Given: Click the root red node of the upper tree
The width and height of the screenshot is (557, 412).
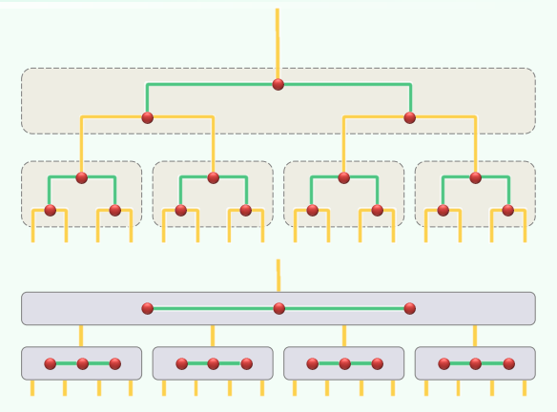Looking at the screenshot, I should (x=278, y=84).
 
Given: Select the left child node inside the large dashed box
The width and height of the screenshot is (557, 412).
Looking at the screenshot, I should (x=147, y=117).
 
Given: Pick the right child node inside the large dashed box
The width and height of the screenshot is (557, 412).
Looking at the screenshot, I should (x=410, y=117).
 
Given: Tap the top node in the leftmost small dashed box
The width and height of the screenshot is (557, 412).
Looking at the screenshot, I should (x=82, y=177).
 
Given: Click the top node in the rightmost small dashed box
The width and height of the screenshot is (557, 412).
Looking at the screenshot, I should (x=475, y=177).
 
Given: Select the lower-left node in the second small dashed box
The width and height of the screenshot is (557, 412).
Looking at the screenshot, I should (x=181, y=210).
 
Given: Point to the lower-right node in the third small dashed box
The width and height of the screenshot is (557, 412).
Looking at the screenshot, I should (x=378, y=210).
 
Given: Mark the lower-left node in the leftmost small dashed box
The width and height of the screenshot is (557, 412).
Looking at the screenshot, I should (x=51, y=210).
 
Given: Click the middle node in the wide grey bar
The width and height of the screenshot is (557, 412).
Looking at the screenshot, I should (x=278, y=308).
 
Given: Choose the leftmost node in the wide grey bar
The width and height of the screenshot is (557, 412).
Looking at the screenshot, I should (x=147, y=308).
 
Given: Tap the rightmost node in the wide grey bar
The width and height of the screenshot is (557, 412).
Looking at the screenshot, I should (x=410, y=308).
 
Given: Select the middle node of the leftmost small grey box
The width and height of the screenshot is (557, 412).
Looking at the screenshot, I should (x=83, y=363).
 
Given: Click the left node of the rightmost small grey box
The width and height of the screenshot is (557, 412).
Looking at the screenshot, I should (x=444, y=363).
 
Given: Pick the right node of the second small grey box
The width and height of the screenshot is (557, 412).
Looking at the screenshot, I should (x=247, y=363).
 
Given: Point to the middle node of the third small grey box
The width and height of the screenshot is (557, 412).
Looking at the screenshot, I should (x=345, y=363).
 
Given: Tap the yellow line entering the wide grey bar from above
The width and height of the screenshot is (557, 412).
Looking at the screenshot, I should (x=278, y=277).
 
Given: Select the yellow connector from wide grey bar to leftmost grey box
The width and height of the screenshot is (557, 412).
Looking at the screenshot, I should (x=81, y=336).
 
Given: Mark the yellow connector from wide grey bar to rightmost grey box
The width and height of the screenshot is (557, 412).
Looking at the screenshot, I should (x=475, y=336).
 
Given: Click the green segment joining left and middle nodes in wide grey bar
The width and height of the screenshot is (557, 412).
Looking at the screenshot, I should (x=213, y=308).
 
